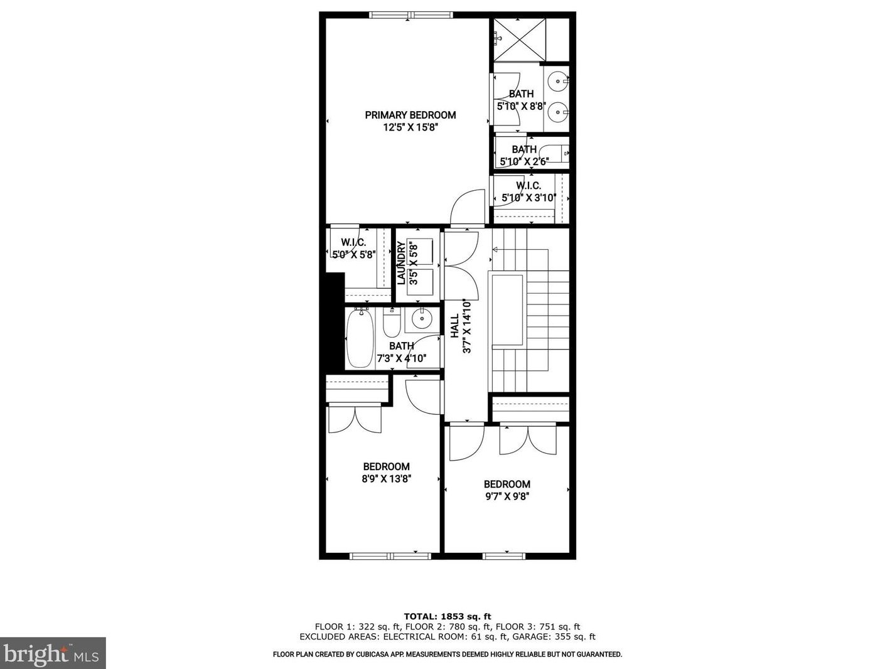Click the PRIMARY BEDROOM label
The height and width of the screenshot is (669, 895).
[410, 115]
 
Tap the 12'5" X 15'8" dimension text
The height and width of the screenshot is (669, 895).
[410, 127]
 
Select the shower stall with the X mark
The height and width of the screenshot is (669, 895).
[519, 40]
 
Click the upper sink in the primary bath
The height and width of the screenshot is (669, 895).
[557, 81]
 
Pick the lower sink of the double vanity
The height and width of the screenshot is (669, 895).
[557, 113]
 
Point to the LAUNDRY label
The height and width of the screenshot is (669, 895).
[401, 264]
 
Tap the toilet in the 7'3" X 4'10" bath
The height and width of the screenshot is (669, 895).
[392, 324]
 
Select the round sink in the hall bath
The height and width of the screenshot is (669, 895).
[419, 319]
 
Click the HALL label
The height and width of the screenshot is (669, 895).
[454, 326]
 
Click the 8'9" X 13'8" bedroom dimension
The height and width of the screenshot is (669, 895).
[386, 479]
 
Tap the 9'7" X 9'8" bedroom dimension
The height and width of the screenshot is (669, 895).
[506, 496]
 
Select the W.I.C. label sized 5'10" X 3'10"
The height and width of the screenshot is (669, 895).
[528, 186]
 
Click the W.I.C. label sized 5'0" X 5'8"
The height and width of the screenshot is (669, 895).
[353, 242]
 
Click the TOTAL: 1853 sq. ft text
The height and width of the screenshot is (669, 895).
[447, 616]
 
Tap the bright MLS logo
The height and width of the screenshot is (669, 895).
[53, 653]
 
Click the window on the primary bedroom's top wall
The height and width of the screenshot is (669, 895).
[411, 15]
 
